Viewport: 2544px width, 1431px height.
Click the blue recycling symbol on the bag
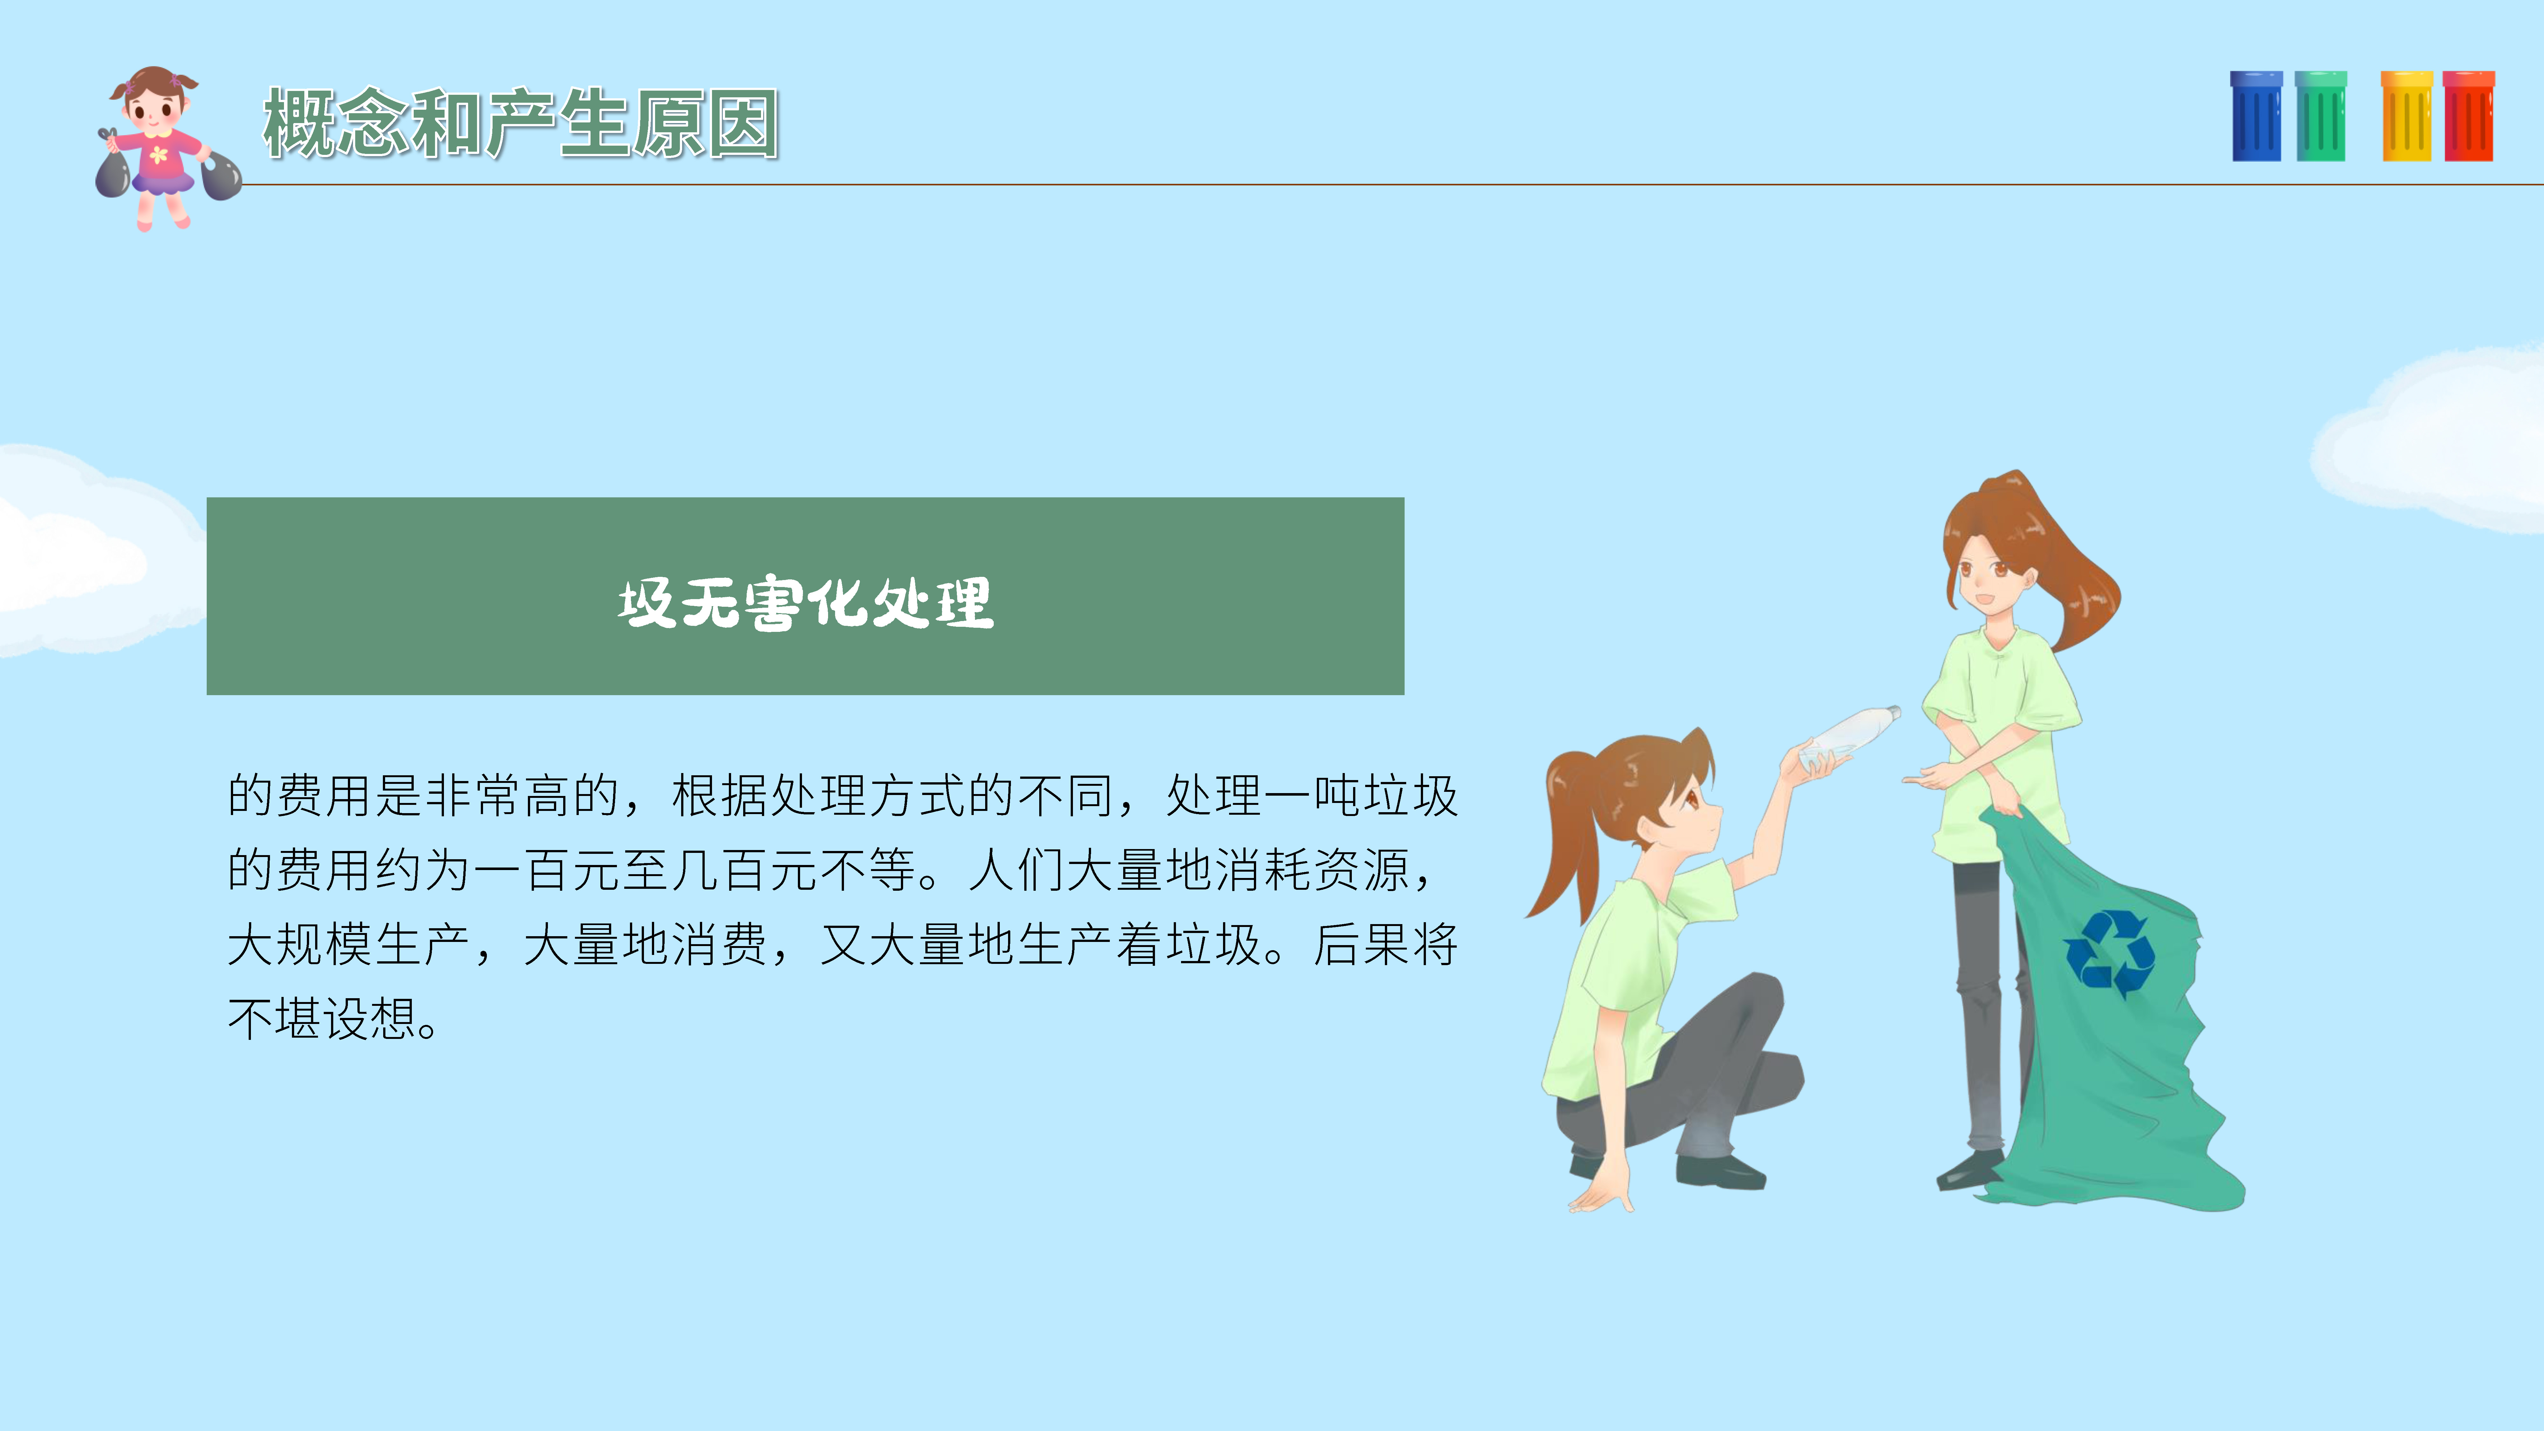click(x=2110, y=953)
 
